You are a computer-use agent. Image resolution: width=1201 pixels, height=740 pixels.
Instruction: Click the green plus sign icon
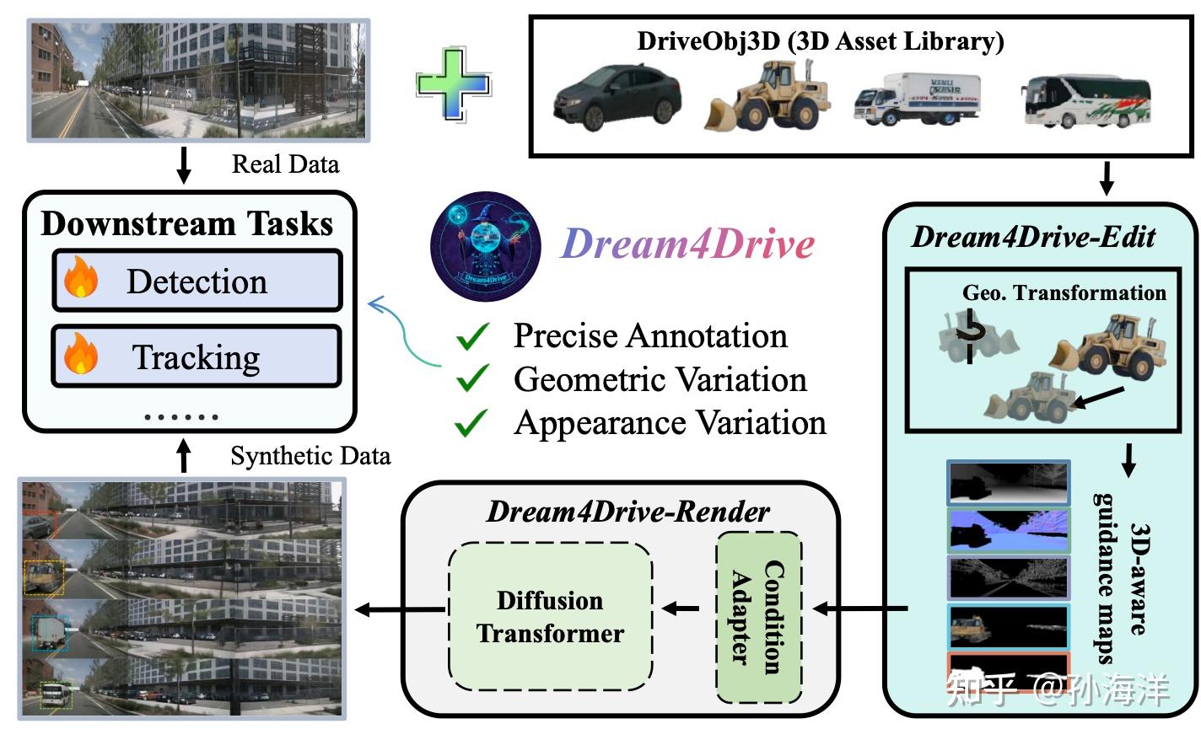tap(453, 84)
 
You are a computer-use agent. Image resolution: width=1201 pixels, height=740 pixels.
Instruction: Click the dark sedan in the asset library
tap(617, 98)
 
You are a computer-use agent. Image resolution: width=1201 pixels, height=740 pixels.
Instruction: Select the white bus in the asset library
tap(1086, 99)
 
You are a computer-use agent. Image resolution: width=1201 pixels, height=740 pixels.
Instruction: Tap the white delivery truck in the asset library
tap(917, 99)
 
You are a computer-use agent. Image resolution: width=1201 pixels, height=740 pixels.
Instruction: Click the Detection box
tap(197, 281)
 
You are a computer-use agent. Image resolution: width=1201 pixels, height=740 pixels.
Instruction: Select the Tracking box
tap(197, 357)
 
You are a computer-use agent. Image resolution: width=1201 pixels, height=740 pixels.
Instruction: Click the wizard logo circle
tap(485, 246)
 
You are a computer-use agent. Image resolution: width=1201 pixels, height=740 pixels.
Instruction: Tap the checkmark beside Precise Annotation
tap(472, 337)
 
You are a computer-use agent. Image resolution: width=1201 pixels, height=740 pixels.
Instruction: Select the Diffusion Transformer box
tap(550, 617)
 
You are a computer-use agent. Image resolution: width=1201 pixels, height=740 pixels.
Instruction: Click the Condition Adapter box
tap(758, 618)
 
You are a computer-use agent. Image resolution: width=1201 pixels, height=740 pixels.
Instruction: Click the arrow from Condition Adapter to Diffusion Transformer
tap(681, 609)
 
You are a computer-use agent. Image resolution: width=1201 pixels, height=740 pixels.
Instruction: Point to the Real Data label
tap(285, 164)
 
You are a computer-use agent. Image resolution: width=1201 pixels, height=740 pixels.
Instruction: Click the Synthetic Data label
tap(310, 456)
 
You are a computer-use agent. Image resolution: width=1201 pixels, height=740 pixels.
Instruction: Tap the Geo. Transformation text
tap(1064, 292)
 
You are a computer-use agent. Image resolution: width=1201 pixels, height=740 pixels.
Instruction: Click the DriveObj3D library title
tap(820, 40)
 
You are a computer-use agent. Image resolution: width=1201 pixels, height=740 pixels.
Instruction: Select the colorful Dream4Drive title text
tap(687, 244)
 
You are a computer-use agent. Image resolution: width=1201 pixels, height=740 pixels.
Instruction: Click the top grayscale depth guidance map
tap(1009, 482)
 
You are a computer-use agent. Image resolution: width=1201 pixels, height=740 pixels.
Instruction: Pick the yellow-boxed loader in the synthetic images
tap(43, 578)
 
